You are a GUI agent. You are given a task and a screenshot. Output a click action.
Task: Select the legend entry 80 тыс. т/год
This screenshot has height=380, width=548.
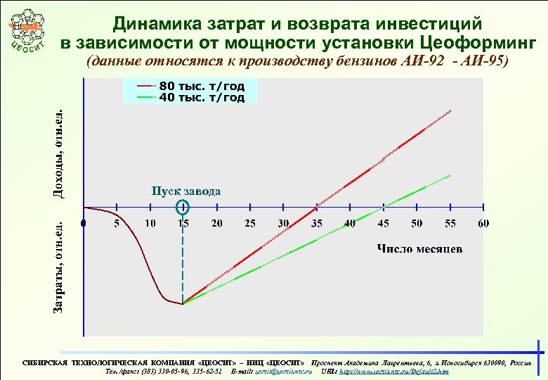point(202,87)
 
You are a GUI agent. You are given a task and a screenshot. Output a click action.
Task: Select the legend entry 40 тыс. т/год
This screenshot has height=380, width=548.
point(202,98)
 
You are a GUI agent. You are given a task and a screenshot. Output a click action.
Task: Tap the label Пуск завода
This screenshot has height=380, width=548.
point(186,191)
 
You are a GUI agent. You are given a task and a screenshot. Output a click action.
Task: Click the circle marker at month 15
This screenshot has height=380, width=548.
point(183,207)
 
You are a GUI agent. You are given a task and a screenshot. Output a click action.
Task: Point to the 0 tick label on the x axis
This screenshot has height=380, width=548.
point(84,224)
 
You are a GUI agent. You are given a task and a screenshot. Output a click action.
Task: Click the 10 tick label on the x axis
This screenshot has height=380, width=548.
point(150,224)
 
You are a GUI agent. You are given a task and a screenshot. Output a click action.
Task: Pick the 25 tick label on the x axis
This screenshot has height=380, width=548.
point(249,224)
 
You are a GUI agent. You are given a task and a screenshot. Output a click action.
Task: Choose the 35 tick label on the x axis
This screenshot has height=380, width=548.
point(316,224)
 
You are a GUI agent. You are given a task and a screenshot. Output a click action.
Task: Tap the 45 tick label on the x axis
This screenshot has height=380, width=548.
point(383,224)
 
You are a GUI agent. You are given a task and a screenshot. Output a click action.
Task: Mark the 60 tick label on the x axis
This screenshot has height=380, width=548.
point(483,224)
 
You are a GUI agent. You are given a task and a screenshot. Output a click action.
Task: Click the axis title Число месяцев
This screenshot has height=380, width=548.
point(419,249)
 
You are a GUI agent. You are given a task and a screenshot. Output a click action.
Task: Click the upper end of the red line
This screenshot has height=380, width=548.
point(451,110)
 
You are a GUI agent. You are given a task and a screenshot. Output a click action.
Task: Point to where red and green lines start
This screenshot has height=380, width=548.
point(183,303)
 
